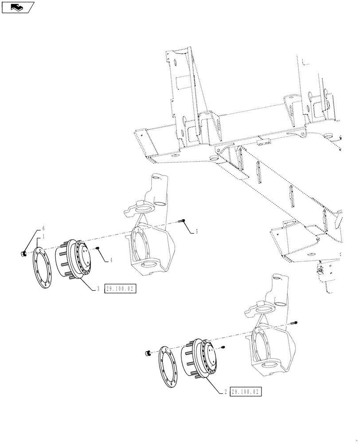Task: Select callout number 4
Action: click(111, 260)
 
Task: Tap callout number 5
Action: click(197, 232)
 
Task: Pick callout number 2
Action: click(226, 392)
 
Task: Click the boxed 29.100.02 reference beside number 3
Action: click(119, 289)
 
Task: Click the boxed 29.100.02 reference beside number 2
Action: click(245, 392)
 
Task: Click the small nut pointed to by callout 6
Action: click(23, 253)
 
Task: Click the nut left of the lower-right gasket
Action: click(148, 353)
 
